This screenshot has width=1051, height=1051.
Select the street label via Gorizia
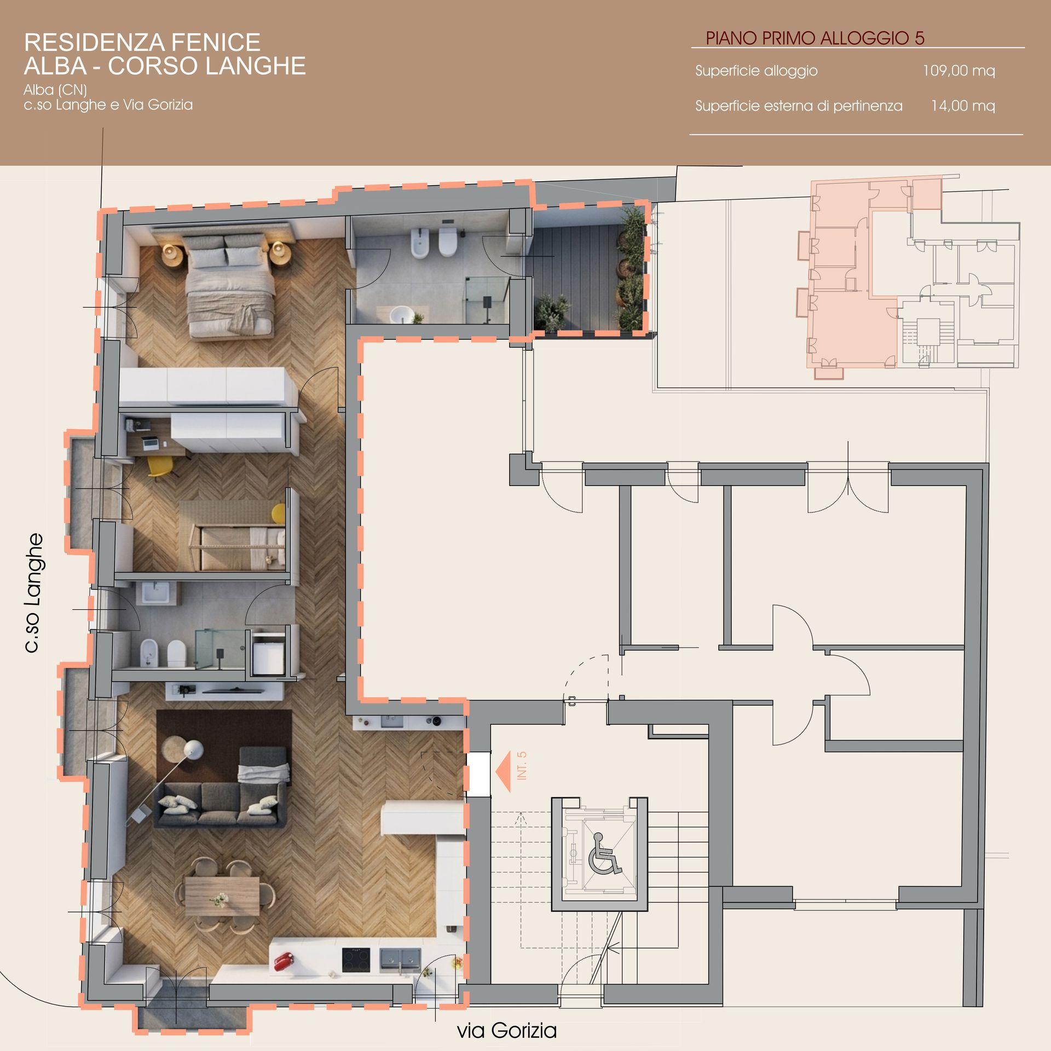pos(507,1030)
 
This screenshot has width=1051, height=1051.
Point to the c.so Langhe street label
pos(34,593)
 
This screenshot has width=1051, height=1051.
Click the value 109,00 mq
pos(958,71)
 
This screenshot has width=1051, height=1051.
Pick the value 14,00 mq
pos(963,106)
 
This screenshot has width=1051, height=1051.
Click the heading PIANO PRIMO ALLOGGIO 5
pos(815,38)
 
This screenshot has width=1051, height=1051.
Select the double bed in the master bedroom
pos(230,283)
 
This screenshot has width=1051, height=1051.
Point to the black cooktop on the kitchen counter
pos(356,960)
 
